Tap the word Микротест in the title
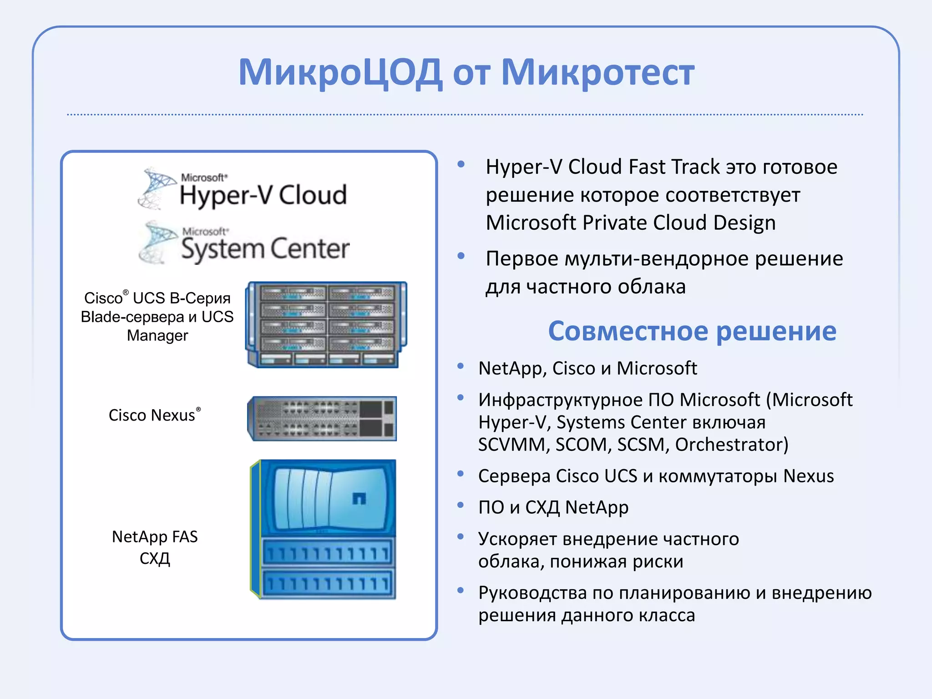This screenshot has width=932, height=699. click(x=598, y=73)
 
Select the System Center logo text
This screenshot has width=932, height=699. click(x=265, y=248)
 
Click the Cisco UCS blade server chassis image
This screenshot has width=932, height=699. click(x=326, y=324)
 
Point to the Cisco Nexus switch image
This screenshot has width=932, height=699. click(x=322, y=418)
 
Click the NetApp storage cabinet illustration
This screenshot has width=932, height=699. click(x=324, y=529)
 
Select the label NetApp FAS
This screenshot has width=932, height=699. click(x=155, y=537)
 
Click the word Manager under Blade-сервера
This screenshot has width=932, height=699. click(x=157, y=335)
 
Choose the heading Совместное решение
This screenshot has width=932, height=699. click(x=692, y=331)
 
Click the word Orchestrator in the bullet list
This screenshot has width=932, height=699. click(x=731, y=445)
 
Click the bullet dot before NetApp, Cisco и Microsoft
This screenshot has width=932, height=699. click(x=461, y=366)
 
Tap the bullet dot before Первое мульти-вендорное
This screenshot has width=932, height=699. click(x=461, y=256)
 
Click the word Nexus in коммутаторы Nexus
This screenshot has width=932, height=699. click(x=808, y=476)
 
